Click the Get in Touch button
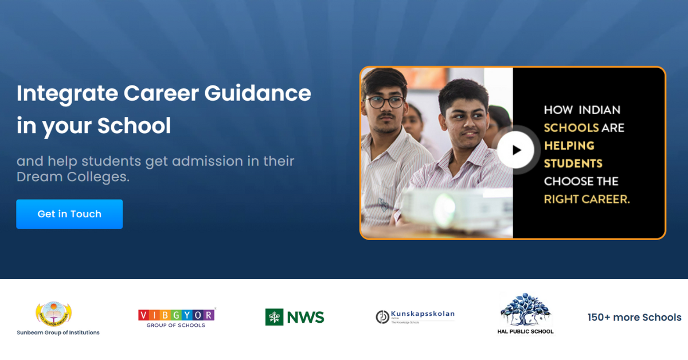(69, 214)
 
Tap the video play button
(516, 150)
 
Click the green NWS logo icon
(274, 317)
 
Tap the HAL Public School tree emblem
(525, 310)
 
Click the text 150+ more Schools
(634, 317)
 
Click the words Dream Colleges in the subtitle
(73, 177)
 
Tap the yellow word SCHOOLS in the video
(571, 127)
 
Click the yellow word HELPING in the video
(569, 146)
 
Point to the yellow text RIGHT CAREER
(587, 199)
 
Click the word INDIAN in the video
(599, 109)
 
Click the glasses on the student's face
(385, 103)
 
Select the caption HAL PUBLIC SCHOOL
(525, 331)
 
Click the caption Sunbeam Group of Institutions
(58, 332)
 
